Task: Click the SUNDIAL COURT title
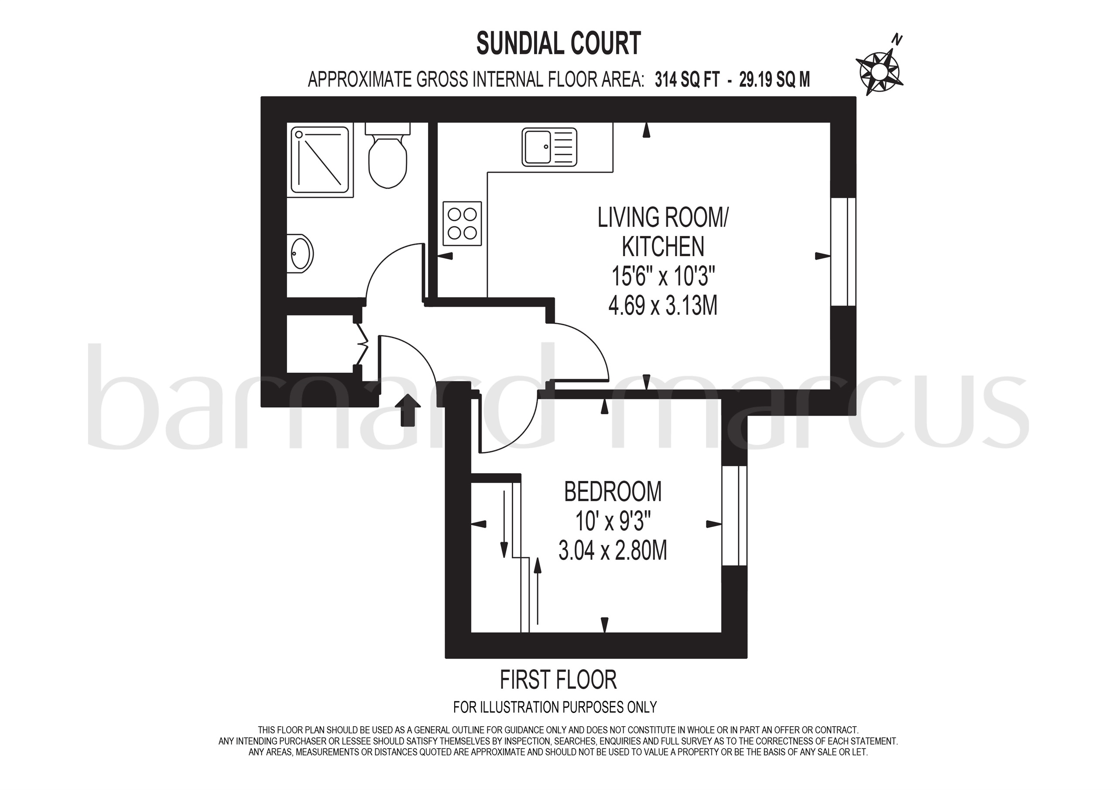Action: point(558,43)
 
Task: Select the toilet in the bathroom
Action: point(387,157)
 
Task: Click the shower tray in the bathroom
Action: point(320,160)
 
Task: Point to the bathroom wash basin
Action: point(300,253)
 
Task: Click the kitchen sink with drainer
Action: point(549,146)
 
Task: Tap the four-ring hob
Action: point(462,223)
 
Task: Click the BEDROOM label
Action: point(613,491)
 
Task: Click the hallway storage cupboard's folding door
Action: point(361,343)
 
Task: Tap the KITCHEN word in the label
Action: point(663,247)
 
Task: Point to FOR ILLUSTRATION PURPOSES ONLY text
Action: point(555,707)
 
